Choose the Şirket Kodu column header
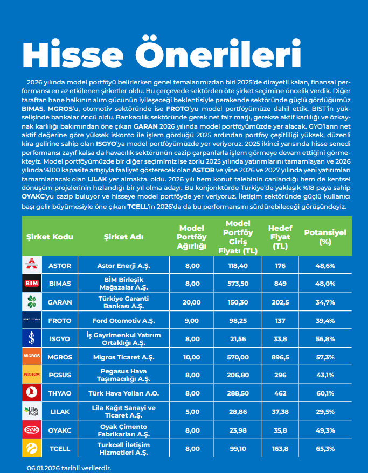(x=50, y=236)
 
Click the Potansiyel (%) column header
(x=325, y=237)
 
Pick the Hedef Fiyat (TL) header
(x=280, y=237)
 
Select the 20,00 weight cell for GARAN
(x=192, y=302)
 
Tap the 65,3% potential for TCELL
(x=325, y=448)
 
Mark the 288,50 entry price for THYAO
(x=237, y=393)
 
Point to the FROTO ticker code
(x=60, y=320)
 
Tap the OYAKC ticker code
(x=60, y=430)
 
